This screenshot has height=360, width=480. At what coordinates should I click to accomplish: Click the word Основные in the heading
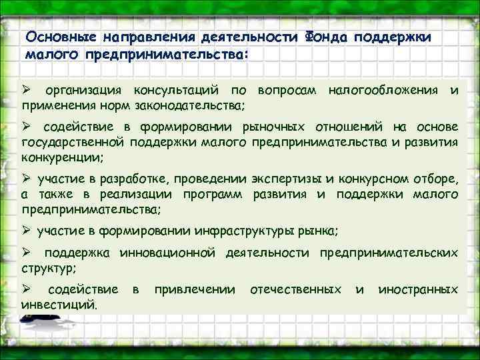pyautogui.click(x=53, y=38)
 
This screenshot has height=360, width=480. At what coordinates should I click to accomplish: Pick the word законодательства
pyautogui.click(x=195, y=105)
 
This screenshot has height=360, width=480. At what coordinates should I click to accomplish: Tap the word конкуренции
pyautogui.click(x=61, y=157)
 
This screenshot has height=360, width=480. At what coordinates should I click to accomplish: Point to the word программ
pyautogui.click(x=217, y=194)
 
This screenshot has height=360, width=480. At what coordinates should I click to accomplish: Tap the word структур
pyautogui.click(x=47, y=269)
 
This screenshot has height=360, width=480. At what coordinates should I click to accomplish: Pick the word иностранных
pyautogui.click(x=418, y=290)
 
